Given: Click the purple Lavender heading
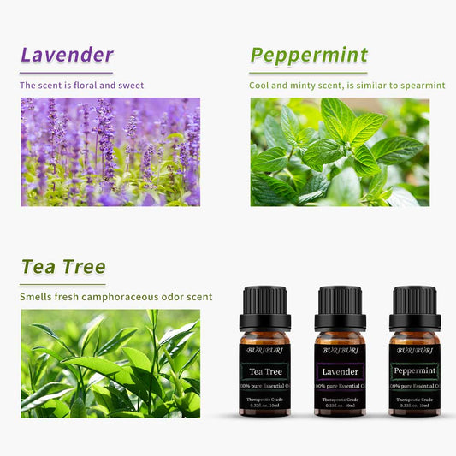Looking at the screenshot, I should coord(67,55).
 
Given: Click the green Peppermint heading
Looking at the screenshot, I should coord(309,56).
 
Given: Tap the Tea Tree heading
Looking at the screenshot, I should coord(63,266).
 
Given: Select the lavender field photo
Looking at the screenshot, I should coord(110,151).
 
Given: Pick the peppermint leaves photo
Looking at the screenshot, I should coord(340,151).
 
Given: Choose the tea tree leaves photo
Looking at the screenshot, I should coord(110,363).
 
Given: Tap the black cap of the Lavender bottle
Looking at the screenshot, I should coord(340,305).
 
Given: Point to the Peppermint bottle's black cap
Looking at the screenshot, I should coord(415,305).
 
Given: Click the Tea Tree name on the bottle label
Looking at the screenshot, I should coord(265,371).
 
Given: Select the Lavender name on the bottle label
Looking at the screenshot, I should coord(340,371).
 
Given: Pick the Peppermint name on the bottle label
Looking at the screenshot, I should coord(415,371).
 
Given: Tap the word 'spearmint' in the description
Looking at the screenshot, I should coord(419,86).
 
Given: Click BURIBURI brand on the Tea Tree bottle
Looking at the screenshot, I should coord(265,350).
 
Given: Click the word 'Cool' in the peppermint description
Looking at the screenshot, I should coord(259,86).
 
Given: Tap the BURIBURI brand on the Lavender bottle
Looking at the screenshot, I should coord(340,350).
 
